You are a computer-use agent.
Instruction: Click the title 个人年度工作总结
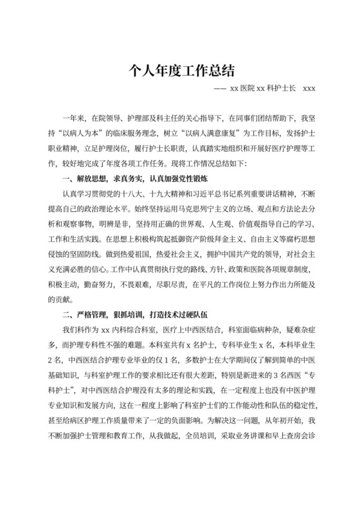coord(180,69)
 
